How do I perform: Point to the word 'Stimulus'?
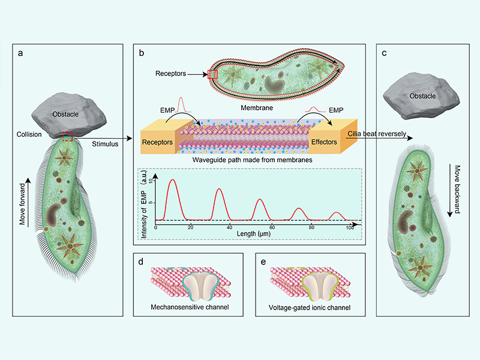click(106, 144)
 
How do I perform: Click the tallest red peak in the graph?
click(173, 181)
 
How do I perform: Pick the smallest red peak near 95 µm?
click(338, 213)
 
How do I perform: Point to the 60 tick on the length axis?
click(272, 228)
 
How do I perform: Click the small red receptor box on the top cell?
click(211, 75)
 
